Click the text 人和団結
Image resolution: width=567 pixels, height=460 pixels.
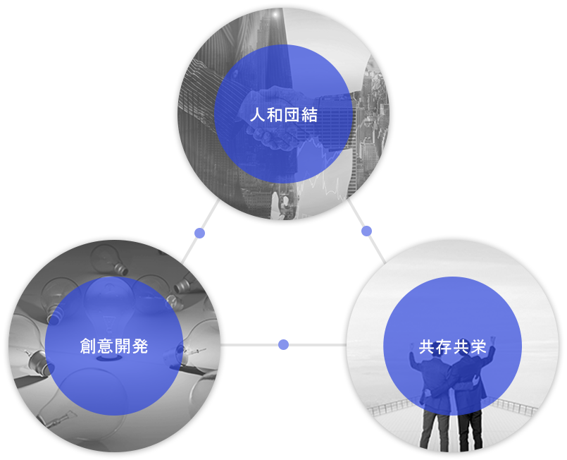pyautogui.click(x=283, y=115)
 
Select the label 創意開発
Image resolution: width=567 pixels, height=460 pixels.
pyautogui.click(x=114, y=346)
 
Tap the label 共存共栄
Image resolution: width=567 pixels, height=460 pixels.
pyautogui.click(x=452, y=346)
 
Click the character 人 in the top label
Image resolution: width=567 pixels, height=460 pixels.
pyautogui.click(x=258, y=115)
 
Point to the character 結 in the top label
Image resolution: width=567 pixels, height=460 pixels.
pyautogui.click(x=309, y=115)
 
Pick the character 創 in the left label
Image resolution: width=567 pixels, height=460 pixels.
pyautogui.click(x=88, y=346)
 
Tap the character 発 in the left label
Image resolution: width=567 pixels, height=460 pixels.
pyautogui.click(x=140, y=346)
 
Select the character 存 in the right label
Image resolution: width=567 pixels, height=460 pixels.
pyautogui.click(x=444, y=346)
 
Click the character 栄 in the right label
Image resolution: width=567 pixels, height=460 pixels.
pyautogui.click(x=478, y=346)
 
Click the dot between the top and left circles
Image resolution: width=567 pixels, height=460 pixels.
pyautogui.click(x=199, y=234)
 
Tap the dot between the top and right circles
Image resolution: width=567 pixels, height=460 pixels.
pyautogui.click(x=366, y=231)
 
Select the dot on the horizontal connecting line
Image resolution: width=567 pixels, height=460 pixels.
pyautogui.click(x=283, y=345)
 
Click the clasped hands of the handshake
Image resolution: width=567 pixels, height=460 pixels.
pyautogui.click(x=275, y=119)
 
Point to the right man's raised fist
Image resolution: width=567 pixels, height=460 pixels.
pyautogui.click(x=492, y=341)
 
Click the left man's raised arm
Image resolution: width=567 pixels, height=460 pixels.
pyautogui.click(x=413, y=358)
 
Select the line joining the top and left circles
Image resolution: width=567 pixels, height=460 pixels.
pyautogui.click(x=200, y=232)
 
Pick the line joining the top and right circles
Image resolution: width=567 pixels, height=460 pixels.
pyautogui.click(x=366, y=231)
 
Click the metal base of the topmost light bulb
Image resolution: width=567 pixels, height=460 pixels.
pyautogui.click(x=121, y=269)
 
